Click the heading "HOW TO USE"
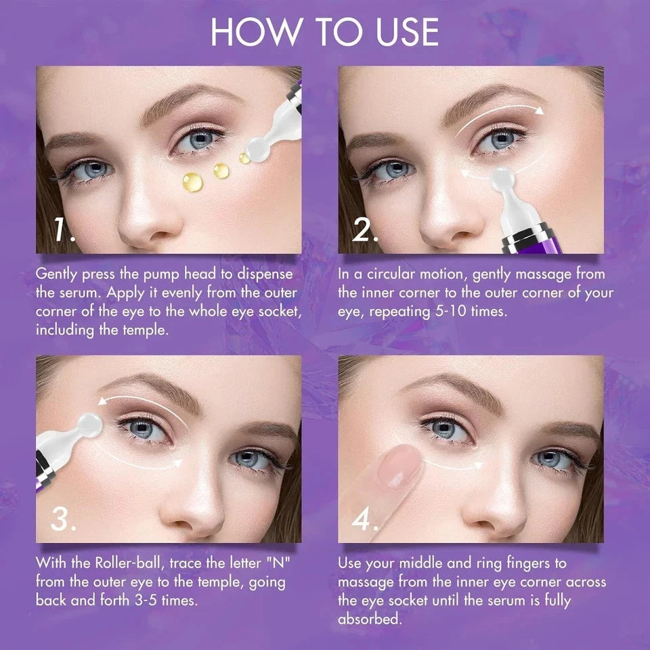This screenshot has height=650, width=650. coord(324,32)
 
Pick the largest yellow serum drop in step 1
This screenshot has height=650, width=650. coord(193,181)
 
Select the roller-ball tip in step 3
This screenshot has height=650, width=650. coord(88,425)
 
